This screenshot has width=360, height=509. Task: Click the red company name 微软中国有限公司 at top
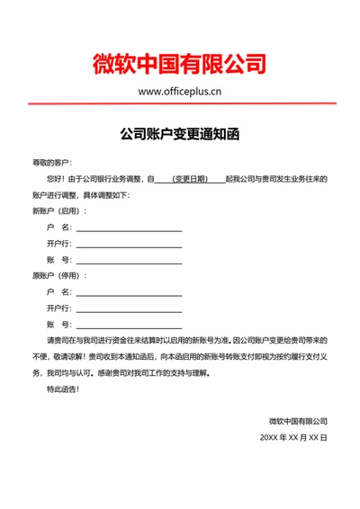tap(180, 63)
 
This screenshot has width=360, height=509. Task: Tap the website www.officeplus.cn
tap(180, 91)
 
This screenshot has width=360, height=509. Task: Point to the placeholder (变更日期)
tap(191, 179)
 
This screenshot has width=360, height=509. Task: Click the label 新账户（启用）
tap(59, 210)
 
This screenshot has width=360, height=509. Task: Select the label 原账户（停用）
tap(59, 275)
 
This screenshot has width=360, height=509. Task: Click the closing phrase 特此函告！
tap(63, 389)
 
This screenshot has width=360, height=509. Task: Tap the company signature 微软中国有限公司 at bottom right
tap(298, 421)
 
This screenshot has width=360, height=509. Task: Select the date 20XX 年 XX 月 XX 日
tap(293, 437)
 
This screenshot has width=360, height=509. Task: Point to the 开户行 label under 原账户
tap(59, 308)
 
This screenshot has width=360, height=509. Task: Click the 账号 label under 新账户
tap(58, 260)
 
